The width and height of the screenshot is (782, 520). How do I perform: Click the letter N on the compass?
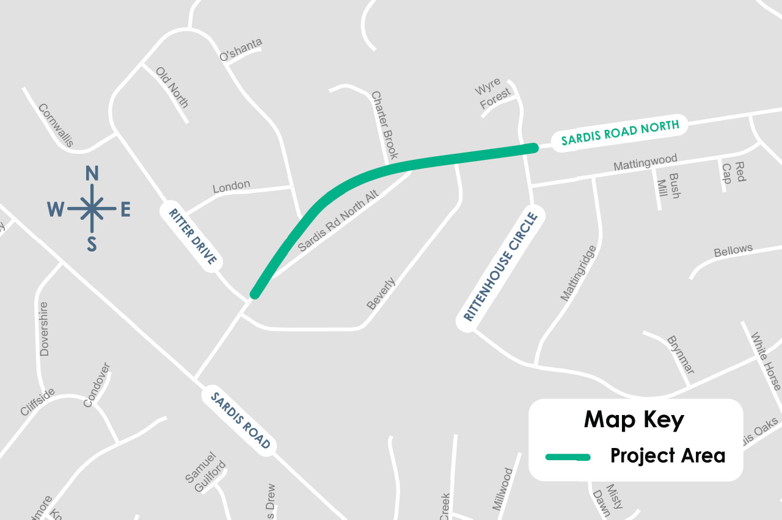92,174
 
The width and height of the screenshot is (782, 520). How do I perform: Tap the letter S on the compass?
92,244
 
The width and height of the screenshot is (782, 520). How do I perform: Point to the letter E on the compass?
125,210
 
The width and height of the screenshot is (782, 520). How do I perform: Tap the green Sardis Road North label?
619,133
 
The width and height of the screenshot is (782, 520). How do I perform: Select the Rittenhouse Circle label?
500,267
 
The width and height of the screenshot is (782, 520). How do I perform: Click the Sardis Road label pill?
240,421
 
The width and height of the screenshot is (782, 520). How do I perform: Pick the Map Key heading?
634,420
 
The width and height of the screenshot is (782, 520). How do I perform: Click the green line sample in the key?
568,457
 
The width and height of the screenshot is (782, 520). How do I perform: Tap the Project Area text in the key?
668,456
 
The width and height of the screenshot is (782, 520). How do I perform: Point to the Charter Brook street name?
385,125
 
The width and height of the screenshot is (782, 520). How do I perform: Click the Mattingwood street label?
645,162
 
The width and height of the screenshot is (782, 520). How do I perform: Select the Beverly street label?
381,294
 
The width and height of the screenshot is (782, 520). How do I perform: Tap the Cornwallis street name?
56,125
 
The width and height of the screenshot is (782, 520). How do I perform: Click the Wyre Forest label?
492,94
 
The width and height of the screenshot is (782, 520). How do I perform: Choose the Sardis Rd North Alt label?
339,220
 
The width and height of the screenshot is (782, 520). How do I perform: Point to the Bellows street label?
733,250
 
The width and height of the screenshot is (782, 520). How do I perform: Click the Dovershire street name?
44,328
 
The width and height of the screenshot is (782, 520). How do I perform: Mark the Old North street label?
172,87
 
